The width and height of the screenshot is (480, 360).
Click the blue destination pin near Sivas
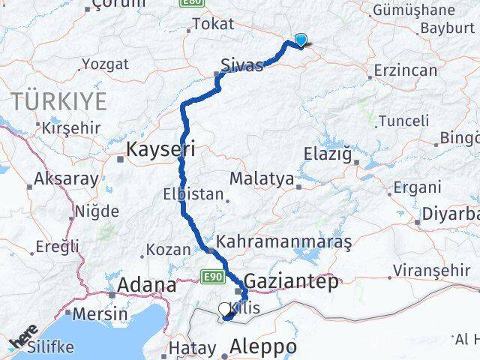click(x=301, y=40)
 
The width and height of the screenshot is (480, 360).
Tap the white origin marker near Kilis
click(x=224, y=308)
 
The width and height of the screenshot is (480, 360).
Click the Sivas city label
click(x=241, y=64)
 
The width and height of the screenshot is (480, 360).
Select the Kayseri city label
click(x=160, y=149)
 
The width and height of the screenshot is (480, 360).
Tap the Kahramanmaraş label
click(x=283, y=242)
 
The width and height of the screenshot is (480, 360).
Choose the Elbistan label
click(x=193, y=194)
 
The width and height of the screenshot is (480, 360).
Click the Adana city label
click(x=147, y=285)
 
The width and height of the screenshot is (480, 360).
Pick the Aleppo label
click(x=262, y=347)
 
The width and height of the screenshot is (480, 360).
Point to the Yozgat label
click(x=105, y=64)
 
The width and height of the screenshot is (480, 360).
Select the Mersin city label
click(x=100, y=313)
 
